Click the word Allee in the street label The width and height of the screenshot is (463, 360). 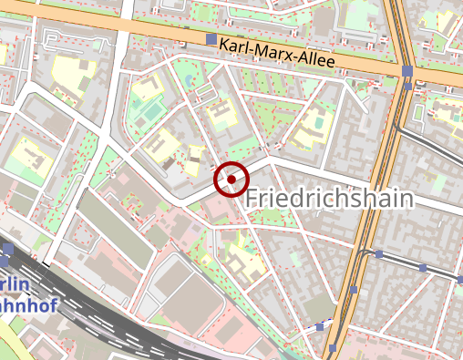pos(314,58)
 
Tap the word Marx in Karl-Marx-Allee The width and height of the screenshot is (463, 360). pos(273,52)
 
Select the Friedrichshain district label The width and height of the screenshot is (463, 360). pos(329,199)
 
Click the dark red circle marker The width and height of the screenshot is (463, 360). pos(231,180)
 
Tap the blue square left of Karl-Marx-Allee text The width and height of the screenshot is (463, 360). pos(211,39)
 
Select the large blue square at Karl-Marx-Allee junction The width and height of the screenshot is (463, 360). pos(406,70)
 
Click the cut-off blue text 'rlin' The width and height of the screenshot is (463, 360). pos(13,283)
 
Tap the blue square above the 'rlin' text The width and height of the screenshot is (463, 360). pos(7,249)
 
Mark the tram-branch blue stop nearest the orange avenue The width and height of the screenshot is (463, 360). pos(379,254)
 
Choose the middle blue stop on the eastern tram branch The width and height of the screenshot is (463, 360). pos(422,268)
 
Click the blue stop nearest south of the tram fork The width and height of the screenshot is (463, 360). pos(353,290)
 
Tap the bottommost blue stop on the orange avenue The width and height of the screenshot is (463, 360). pos(333,347)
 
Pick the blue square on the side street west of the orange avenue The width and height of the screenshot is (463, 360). pos(319,326)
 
